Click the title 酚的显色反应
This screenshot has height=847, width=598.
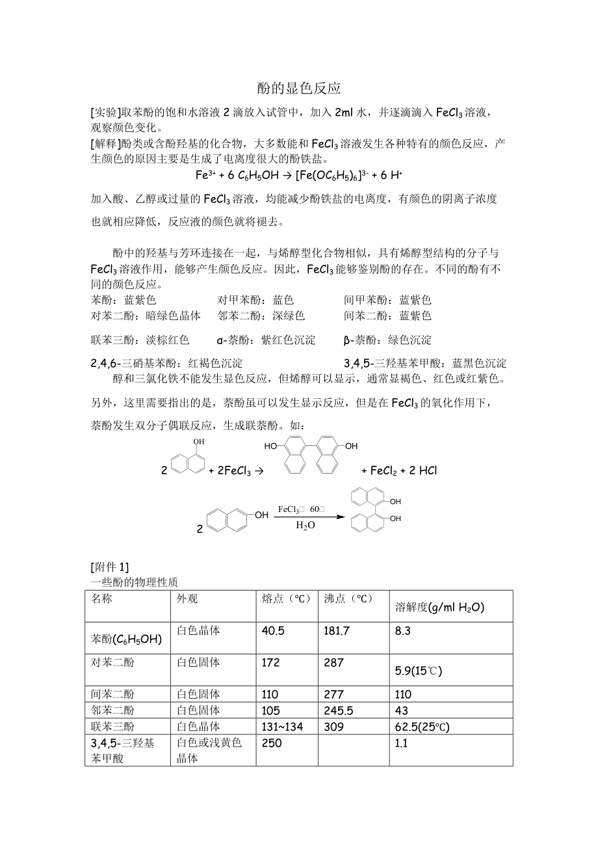[x=299, y=88]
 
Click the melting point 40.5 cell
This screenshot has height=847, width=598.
[x=273, y=630]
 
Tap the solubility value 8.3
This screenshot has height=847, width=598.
[x=403, y=630]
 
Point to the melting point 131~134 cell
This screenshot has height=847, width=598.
[x=282, y=727]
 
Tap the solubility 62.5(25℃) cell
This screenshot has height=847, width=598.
[x=422, y=727]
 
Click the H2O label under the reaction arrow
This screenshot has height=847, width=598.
[x=305, y=526]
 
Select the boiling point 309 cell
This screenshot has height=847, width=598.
[x=334, y=727]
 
